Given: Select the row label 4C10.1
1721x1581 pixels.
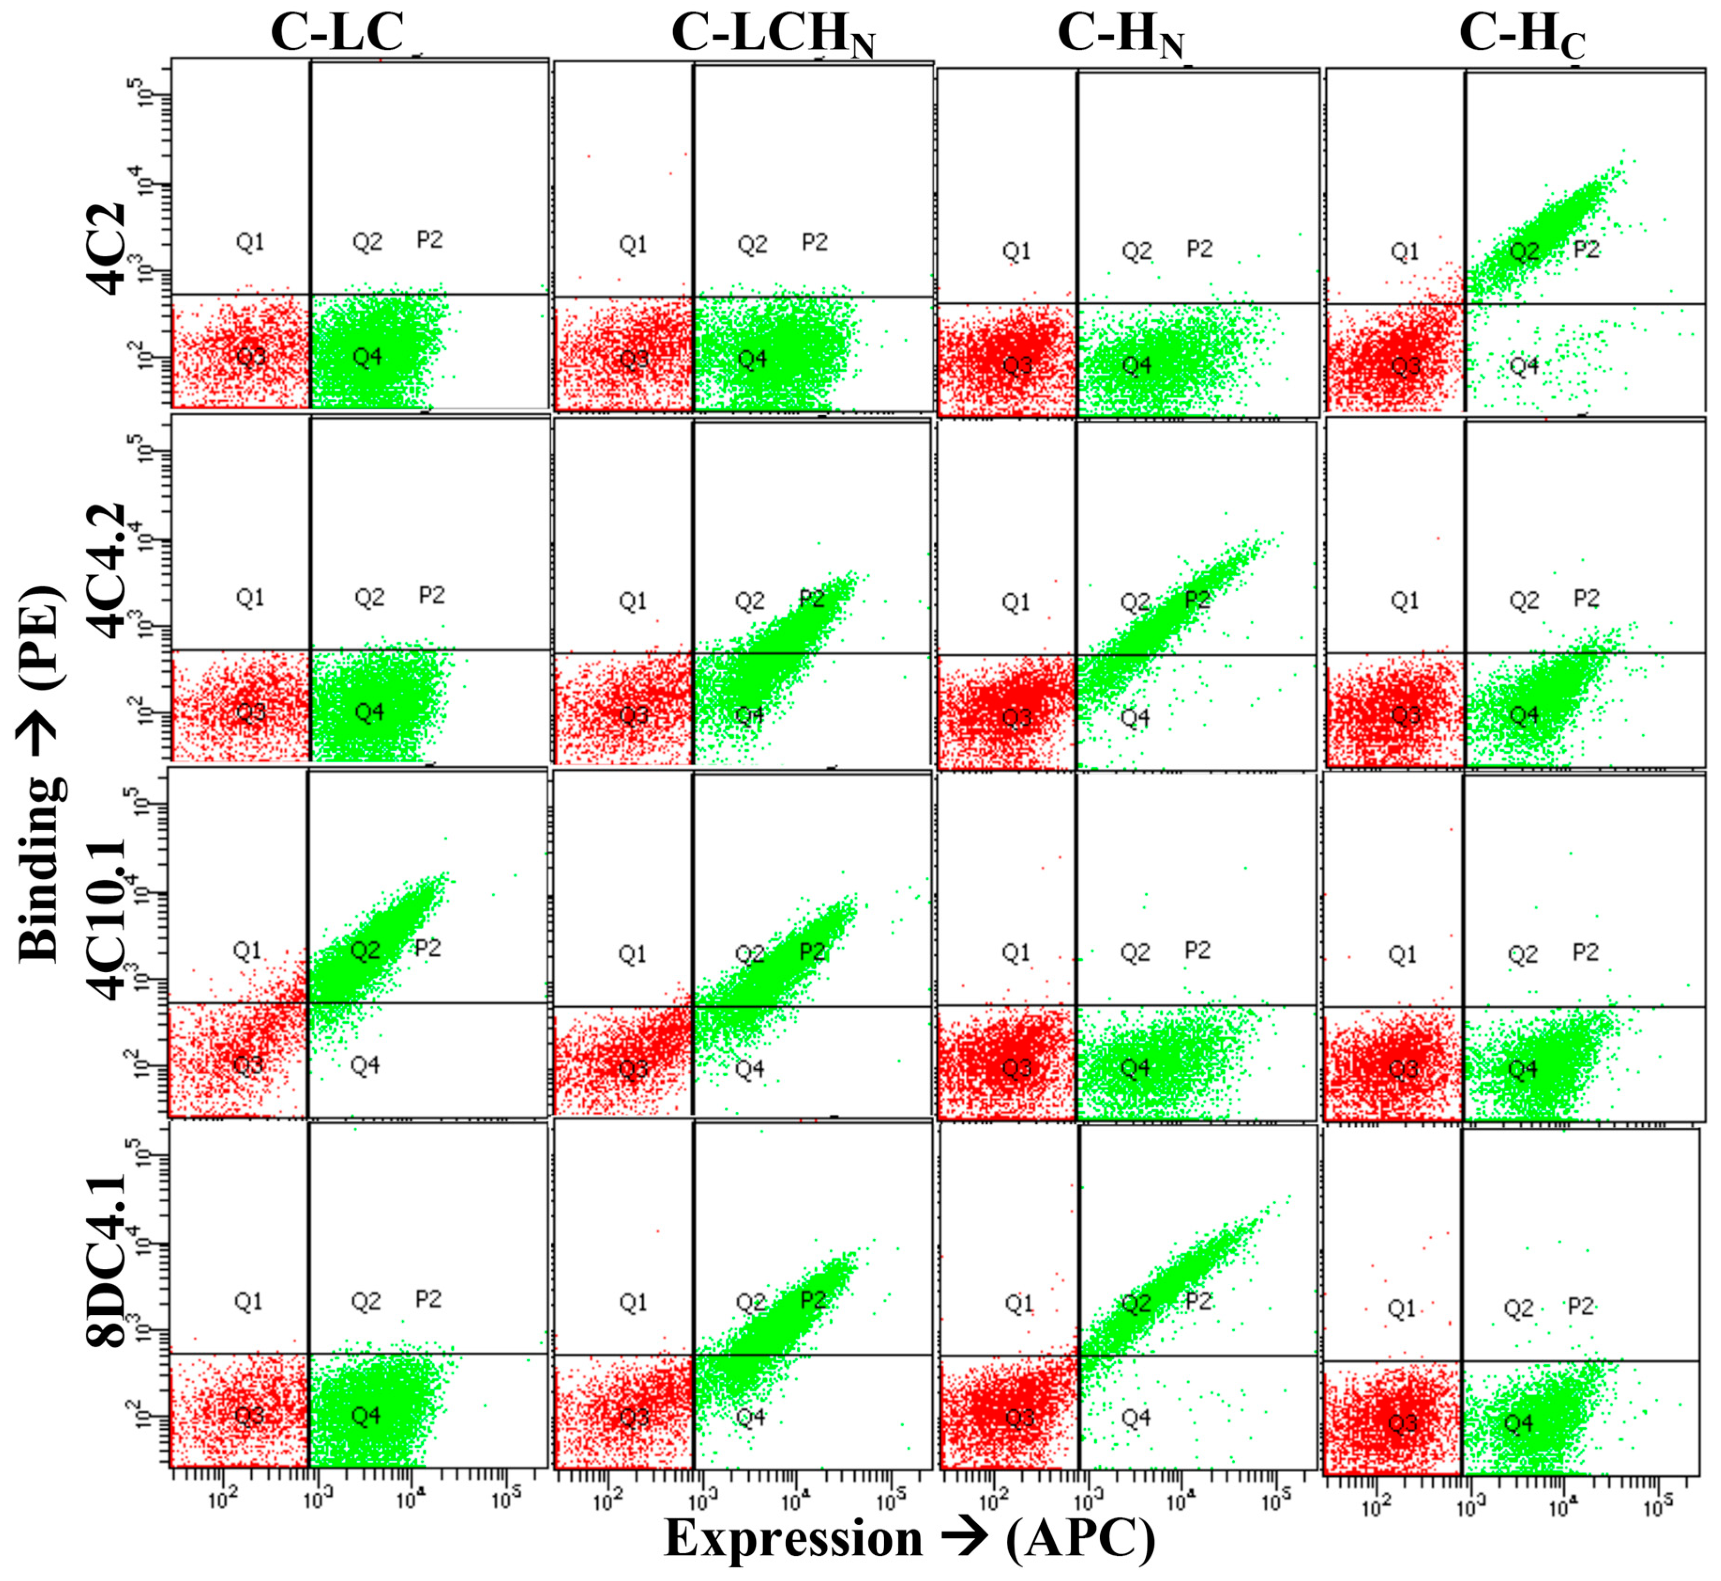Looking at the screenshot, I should coord(107,920).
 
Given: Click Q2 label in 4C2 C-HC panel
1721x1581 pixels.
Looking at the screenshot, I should coord(1524,251).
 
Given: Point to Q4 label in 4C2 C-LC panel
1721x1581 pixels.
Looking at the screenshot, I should coord(367,356).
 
